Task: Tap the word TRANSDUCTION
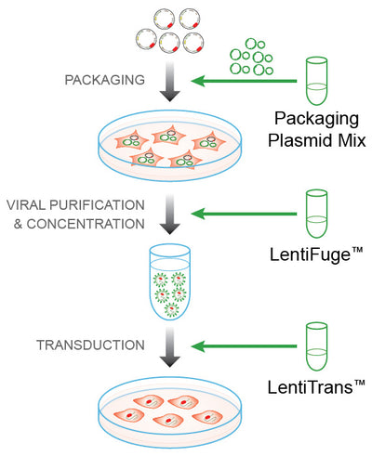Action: click(91, 345)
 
